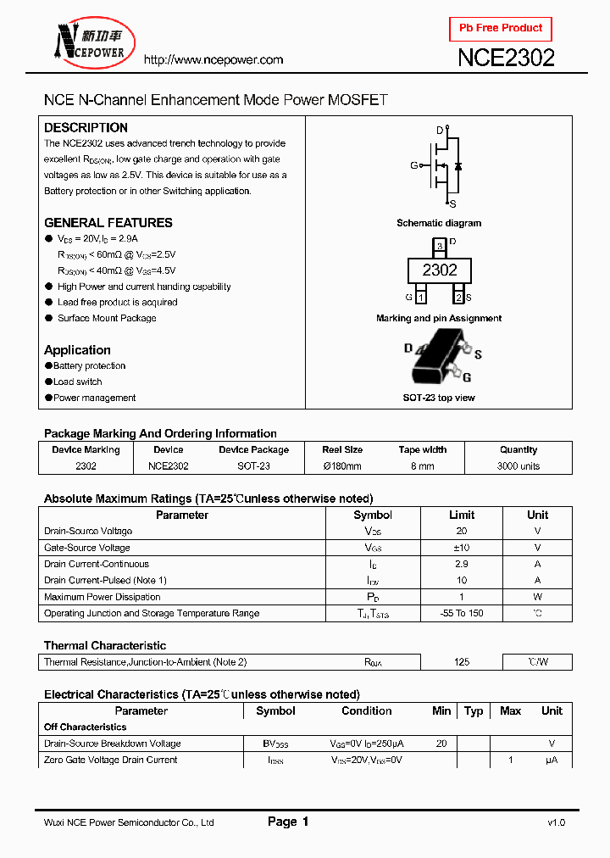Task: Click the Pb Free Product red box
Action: [x=501, y=29]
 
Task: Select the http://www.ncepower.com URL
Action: [x=213, y=59]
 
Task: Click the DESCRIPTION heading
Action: [x=86, y=128]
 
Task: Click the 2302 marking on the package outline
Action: [x=440, y=270]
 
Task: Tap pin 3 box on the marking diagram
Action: [x=439, y=247]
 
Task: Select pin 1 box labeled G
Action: [x=421, y=297]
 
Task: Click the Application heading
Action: [x=77, y=350]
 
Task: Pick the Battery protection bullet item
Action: [x=89, y=366]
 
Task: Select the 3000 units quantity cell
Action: [x=518, y=466]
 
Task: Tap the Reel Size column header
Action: [x=342, y=450]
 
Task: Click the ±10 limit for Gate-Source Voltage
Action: [x=461, y=548]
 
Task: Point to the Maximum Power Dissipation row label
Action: [x=102, y=597]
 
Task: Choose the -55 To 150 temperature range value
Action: [x=461, y=613]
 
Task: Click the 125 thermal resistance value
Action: [x=461, y=662]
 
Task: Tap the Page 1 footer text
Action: [x=288, y=822]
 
